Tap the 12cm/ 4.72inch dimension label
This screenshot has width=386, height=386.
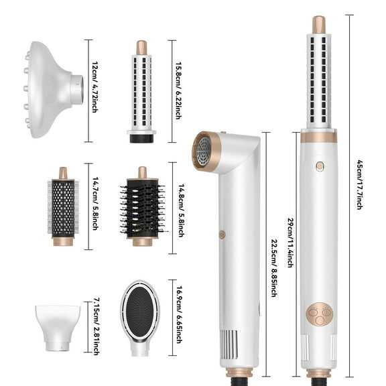click(96, 90)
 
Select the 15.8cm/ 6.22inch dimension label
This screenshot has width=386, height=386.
click(178, 91)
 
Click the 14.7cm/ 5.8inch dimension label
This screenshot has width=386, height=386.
click(96, 206)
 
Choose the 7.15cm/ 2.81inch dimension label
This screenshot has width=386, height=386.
click(96, 326)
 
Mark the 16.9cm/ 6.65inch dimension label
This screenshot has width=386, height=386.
click(178, 318)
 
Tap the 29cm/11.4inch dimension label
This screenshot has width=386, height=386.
click(290, 243)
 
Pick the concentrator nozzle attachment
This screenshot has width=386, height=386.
click(58, 326)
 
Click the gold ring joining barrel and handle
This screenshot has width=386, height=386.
click(319, 137)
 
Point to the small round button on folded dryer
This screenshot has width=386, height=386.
click(222, 235)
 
